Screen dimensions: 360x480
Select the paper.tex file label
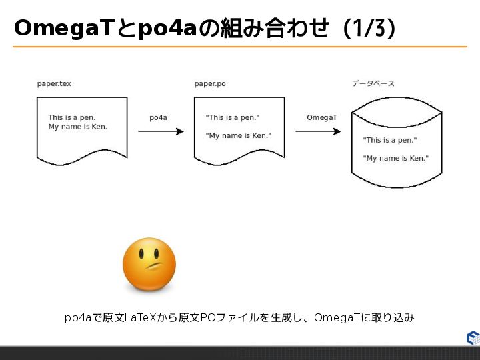point(54,84)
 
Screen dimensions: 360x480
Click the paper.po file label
point(210,84)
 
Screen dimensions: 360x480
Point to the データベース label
point(373,84)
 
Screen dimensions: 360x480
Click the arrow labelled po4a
point(160,131)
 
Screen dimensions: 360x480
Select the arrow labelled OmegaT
point(318,131)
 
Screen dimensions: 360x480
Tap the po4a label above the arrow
point(158,117)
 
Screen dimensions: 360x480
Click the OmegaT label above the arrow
point(322,117)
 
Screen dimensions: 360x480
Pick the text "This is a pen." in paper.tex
point(71,117)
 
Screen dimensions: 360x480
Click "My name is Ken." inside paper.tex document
point(77,127)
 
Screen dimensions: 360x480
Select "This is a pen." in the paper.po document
point(233,117)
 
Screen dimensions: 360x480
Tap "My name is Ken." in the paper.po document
point(239,135)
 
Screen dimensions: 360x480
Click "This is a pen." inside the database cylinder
point(390,140)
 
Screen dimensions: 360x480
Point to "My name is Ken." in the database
point(396,158)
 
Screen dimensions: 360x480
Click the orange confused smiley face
point(149,264)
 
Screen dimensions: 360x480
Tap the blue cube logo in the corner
point(473,338)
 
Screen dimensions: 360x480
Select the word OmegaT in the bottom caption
point(337,318)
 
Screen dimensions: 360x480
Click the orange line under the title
point(240,47)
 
